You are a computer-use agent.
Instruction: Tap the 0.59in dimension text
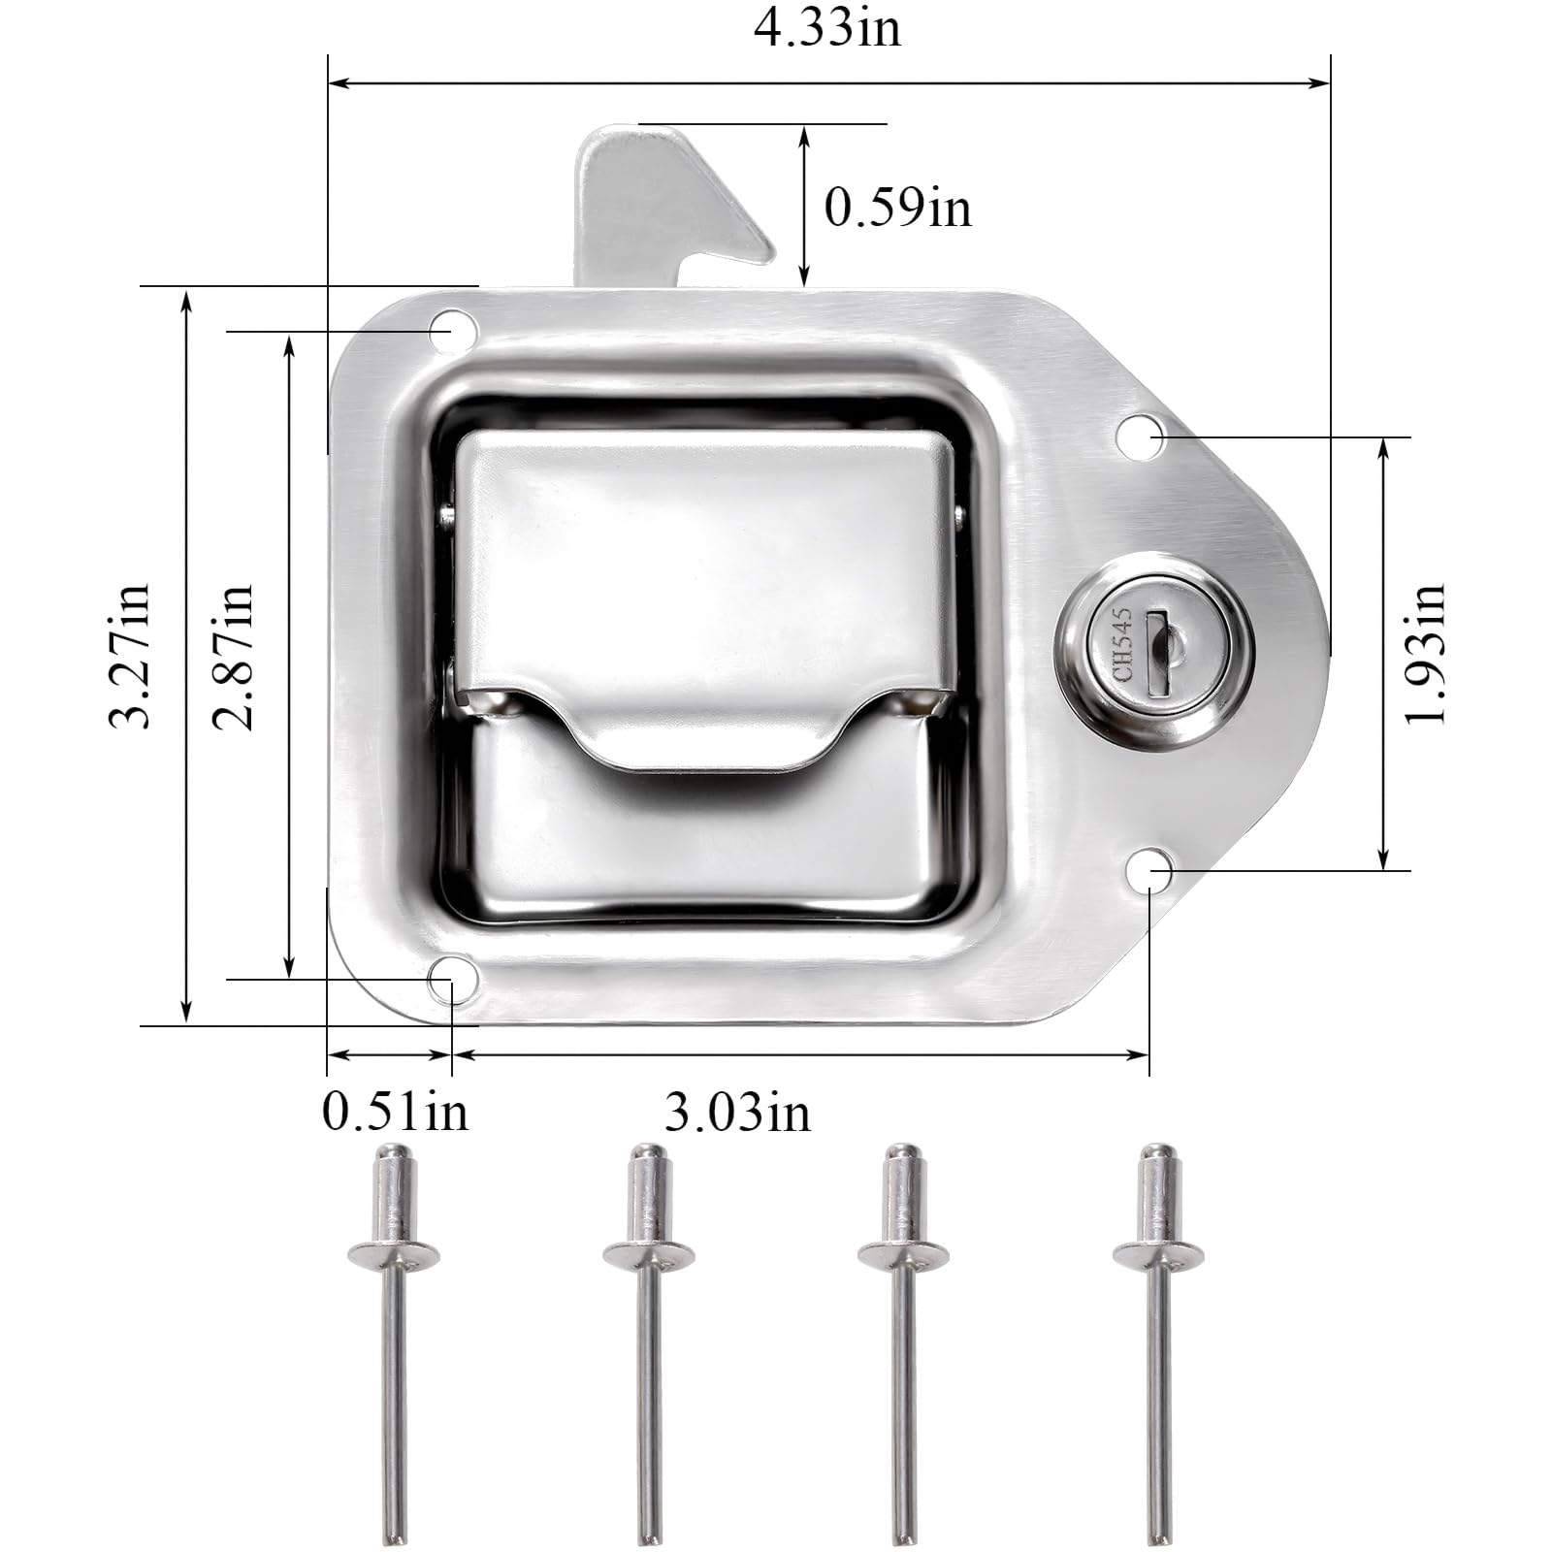coord(897,208)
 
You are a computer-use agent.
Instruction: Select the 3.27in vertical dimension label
coord(130,656)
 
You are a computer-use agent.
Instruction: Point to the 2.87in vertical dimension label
coord(234,656)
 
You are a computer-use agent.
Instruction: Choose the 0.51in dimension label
coord(395,1112)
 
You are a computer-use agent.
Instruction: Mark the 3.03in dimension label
coord(737,1112)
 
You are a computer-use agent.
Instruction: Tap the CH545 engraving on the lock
coord(1123,645)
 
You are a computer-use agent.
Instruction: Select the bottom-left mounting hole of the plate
coord(452,977)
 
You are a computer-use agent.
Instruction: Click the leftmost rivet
coord(394,1339)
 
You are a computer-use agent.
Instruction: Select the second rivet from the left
coord(648,1339)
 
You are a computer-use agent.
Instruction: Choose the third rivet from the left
coord(903,1339)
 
